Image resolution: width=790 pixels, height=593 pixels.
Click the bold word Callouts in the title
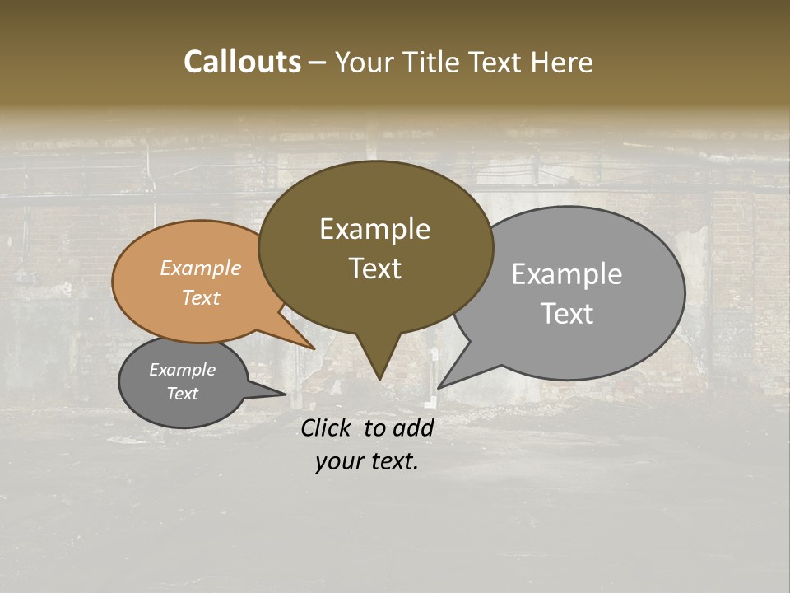tap(242, 62)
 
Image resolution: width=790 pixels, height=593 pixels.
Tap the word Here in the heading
tap(560, 62)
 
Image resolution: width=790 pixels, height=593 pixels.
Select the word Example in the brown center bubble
tap(374, 229)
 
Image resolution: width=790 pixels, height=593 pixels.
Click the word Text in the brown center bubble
tap(374, 268)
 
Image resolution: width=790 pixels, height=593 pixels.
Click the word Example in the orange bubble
tap(200, 268)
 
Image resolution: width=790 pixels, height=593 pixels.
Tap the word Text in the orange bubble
tap(200, 297)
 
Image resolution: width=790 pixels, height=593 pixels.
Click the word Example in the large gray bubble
tap(566, 274)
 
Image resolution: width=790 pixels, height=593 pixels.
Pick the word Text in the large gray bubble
tap(566, 313)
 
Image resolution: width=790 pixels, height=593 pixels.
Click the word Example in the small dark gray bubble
tap(182, 370)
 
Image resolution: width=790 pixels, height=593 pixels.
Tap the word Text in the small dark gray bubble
tap(182, 394)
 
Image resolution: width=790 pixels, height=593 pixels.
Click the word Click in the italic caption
tap(328, 427)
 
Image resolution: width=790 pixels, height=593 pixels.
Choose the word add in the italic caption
tap(412, 427)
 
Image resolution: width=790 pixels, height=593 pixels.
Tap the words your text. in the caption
tap(367, 461)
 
